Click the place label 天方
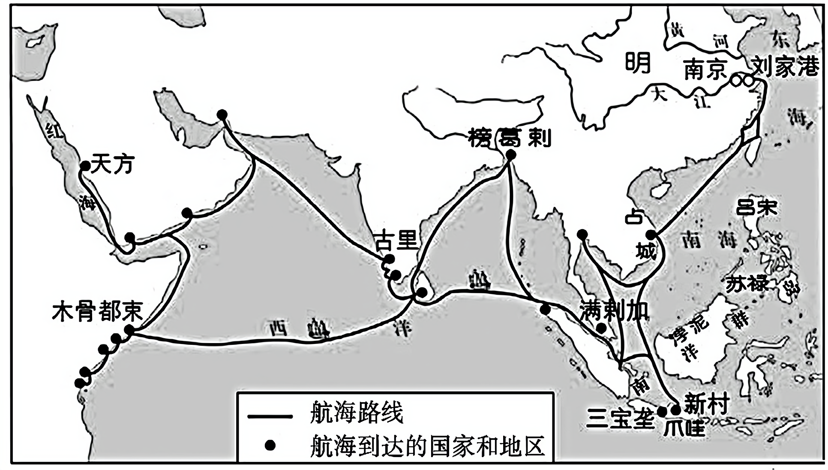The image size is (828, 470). (112, 164)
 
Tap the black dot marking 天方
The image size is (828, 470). (85, 166)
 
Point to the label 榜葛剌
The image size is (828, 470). (510, 138)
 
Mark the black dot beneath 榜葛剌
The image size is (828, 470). (510, 155)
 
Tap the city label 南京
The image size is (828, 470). (705, 69)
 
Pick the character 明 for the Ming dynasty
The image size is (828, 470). (638, 63)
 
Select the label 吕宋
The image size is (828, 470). (756, 208)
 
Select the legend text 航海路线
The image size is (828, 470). (356, 413)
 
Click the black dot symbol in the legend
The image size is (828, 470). (270, 446)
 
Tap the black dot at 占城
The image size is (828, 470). (651, 235)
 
